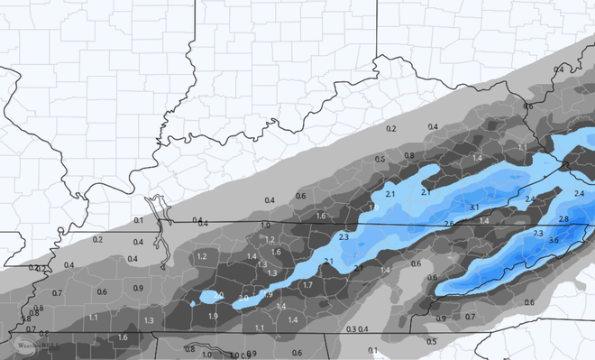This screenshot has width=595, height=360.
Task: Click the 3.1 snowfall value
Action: [x=474, y=208]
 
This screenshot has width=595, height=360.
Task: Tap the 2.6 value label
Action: [x=449, y=224]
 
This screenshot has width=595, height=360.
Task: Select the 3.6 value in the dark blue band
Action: [x=554, y=240]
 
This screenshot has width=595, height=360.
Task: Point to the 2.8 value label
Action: [x=563, y=219]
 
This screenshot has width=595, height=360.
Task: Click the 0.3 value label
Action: [x=351, y=328]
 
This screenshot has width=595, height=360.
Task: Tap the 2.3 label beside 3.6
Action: [x=538, y=234]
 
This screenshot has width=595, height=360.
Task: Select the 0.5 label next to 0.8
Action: [x=380, y=160]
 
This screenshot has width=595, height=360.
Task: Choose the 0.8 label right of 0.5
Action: [x=409, y=155]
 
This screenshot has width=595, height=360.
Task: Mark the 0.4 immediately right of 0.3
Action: [x=364, y=328]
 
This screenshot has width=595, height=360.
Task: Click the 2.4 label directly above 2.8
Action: [x=579, y=194]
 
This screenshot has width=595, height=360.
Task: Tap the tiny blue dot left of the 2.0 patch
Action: [x=193, y=303]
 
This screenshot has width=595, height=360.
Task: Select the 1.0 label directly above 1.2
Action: [x=265, y=226]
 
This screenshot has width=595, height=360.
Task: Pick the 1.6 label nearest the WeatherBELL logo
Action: [x=123, y=337]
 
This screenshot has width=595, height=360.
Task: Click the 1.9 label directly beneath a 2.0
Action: [x=213, y=317]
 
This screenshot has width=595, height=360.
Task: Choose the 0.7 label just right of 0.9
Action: [x=470, y=317]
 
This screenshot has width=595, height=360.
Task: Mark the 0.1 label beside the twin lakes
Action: [x=138, y=220]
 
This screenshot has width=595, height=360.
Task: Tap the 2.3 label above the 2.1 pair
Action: [x=343, y=236]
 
